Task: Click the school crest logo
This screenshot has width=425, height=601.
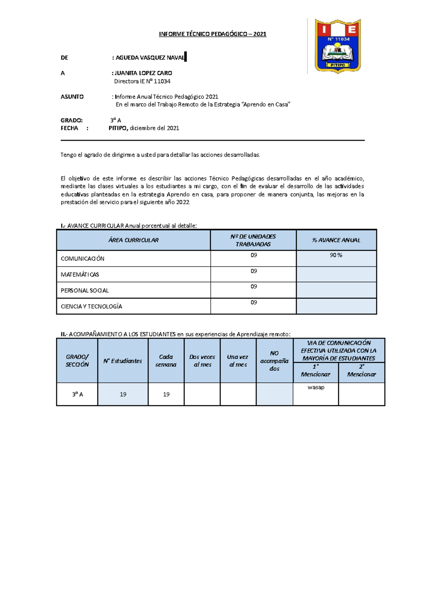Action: click(338, 46)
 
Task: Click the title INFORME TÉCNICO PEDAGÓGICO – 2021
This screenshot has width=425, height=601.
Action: click(212, 34)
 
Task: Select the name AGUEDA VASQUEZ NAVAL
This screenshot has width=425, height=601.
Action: click(150, 57)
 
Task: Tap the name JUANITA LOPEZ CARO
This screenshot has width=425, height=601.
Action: click(143, 73)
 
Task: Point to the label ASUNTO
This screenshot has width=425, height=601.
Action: click(72, 97)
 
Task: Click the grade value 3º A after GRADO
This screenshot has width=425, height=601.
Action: click(116, 120)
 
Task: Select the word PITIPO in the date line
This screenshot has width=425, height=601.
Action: click(118, 128)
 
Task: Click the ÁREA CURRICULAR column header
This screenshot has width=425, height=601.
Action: click(134, 240)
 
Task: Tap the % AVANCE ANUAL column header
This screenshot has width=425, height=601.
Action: click(336, 240)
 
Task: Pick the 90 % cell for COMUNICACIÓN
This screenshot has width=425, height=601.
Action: click(336, 255)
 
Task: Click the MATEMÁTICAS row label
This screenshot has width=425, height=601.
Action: click(80, 274)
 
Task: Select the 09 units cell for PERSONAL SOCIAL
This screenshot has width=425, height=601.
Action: click(254, 287)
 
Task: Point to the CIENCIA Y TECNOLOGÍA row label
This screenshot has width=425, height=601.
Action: click(91, 307)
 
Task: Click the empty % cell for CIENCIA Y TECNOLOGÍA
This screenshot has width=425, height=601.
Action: click(336, 306)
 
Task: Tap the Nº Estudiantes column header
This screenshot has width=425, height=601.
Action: click(123, 361)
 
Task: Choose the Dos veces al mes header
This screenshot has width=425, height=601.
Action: click(202, 361)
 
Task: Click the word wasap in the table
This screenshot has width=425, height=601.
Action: click(316, 387)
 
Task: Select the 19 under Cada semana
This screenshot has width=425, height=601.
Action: click(166, 394)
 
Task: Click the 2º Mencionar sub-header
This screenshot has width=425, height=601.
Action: click(361, 371)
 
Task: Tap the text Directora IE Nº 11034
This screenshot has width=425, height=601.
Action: click(142, 81)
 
